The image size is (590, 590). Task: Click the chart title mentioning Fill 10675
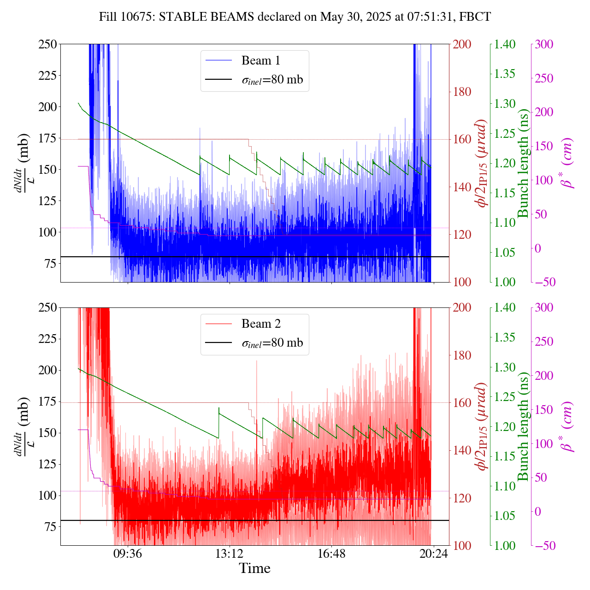295,17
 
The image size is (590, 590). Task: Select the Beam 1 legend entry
260,60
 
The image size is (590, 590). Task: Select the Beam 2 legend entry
260,324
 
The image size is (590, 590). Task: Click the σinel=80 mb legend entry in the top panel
272,80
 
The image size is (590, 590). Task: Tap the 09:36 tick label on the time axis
128,553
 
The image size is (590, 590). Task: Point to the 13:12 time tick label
230,553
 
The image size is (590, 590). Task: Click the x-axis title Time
254,568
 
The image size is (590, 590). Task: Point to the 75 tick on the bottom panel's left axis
50,527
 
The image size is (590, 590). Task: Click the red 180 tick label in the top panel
462,92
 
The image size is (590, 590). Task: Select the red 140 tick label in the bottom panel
462,450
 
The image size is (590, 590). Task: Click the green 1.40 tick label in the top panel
505,44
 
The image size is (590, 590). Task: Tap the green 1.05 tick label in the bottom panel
505,516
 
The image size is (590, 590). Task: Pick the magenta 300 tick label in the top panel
544,44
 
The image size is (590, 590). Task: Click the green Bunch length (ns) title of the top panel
523,163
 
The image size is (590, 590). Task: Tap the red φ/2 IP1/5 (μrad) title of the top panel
482,163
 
